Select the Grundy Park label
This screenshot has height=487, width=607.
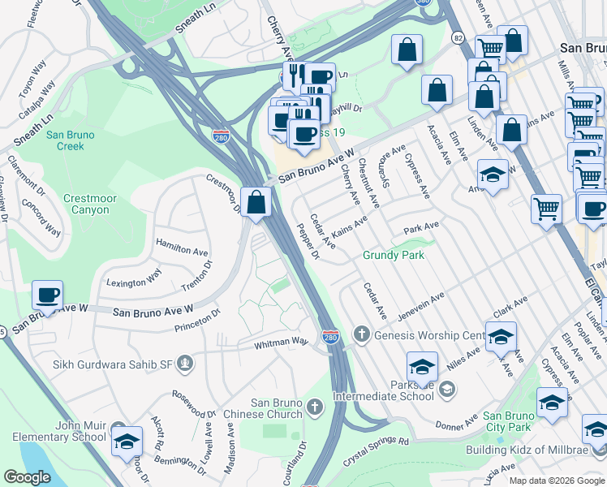click(x=394, y=255)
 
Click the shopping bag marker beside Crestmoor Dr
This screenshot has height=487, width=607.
click(x=256, y=202)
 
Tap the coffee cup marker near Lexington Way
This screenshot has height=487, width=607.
click(x=48, y=295)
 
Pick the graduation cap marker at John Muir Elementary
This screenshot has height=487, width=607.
click(x=127, y=442)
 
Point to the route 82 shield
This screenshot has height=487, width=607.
click(x=458, y=38)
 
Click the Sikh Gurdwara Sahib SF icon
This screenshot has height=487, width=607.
click(x=185, y=362)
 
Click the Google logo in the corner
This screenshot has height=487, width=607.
click(x=28, y=476)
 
